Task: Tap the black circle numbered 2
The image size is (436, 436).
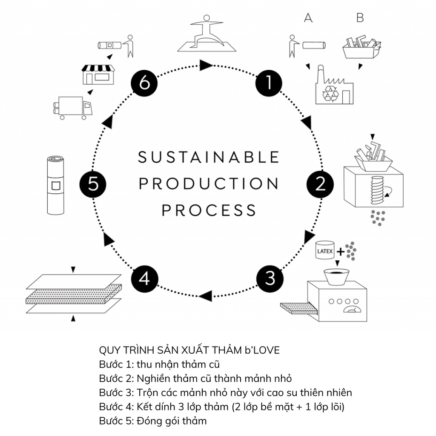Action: [x=320, y=184]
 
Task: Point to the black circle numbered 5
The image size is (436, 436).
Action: [x=93, y=184]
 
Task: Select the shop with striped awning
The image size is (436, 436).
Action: [x=98, y=74]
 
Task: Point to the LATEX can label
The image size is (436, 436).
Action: [x=325, y=251]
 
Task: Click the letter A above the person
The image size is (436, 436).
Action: [x=308, y=18]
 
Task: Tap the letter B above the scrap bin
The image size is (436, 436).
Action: [x=360, y=18]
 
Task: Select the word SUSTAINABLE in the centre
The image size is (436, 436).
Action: [x=209, y=157]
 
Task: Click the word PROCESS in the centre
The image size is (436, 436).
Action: [x=209, y=210]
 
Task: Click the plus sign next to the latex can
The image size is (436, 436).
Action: [x=340, y=252]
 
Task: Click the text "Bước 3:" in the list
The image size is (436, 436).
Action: [x=116, y=392]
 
